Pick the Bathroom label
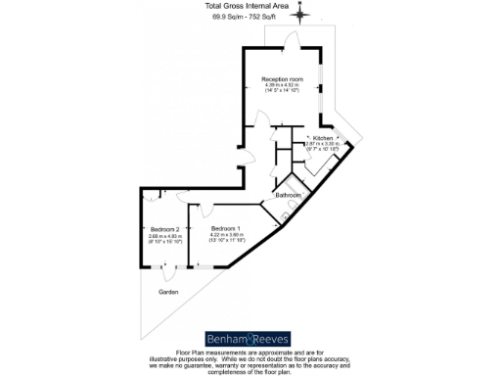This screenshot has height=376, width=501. coord(288,195)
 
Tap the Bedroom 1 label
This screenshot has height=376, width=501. coord(225,228)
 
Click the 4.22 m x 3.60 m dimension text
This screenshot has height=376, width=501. coord(225,235)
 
